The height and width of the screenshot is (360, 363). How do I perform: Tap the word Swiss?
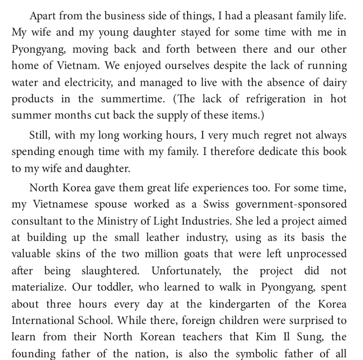pos(216,204)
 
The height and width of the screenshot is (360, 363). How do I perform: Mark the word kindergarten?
pos(240,304)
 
